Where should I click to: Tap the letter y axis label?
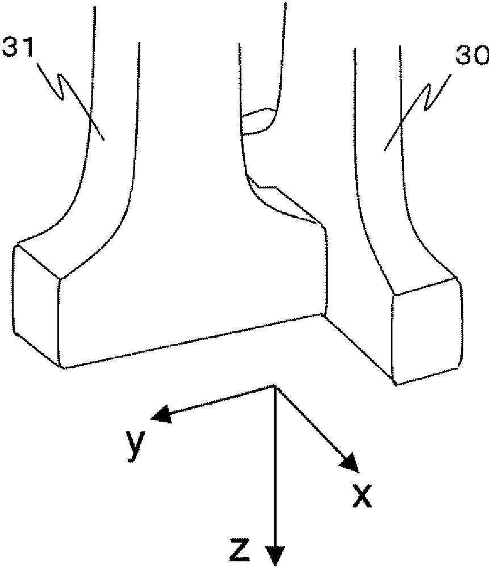[134, 444]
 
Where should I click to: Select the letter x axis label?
[362, 496]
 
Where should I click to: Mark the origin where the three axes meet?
[275, 387]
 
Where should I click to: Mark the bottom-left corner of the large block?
[62, 367]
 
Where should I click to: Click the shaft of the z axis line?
[275, 465]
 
